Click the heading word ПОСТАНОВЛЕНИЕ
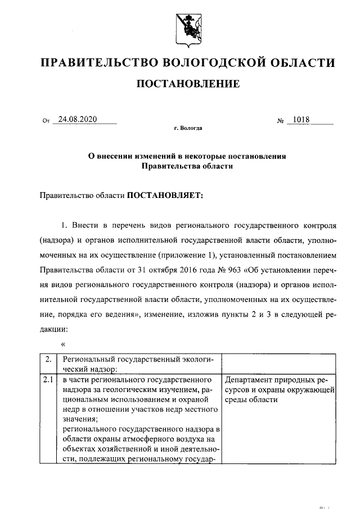[x=188, y=84]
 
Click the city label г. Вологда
[x=188, y=129]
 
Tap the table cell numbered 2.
[x=49, y=358]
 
